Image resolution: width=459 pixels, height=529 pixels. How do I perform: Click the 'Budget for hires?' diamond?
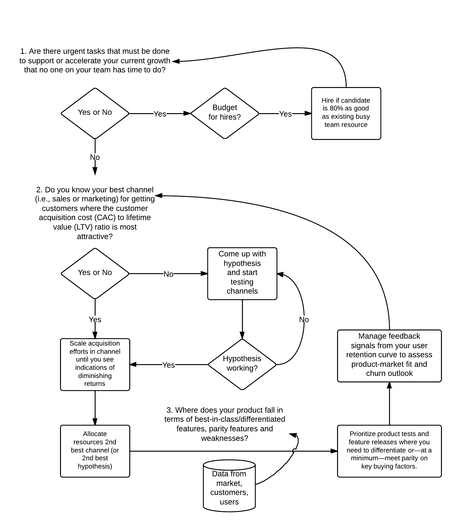225,113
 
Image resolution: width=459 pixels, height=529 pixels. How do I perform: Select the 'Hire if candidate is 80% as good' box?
346,113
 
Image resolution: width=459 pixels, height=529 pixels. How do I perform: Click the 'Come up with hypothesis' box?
242,273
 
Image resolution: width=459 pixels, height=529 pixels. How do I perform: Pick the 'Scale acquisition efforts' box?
95,364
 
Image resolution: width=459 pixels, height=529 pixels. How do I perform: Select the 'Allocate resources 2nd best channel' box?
95,451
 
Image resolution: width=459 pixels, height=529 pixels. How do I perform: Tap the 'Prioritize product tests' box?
389,451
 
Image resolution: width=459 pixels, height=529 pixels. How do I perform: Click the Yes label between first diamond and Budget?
160,114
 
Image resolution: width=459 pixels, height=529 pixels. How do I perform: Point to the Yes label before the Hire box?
285,114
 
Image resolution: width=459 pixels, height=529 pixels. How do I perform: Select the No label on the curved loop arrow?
304,320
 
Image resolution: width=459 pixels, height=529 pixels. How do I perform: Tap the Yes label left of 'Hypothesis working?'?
169,365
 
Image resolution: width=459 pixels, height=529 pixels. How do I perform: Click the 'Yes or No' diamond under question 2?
95,273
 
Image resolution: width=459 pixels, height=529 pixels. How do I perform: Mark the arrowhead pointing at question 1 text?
176,61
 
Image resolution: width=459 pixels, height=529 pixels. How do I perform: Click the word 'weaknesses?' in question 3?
225,438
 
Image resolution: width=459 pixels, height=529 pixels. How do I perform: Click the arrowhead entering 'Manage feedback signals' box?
389,385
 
